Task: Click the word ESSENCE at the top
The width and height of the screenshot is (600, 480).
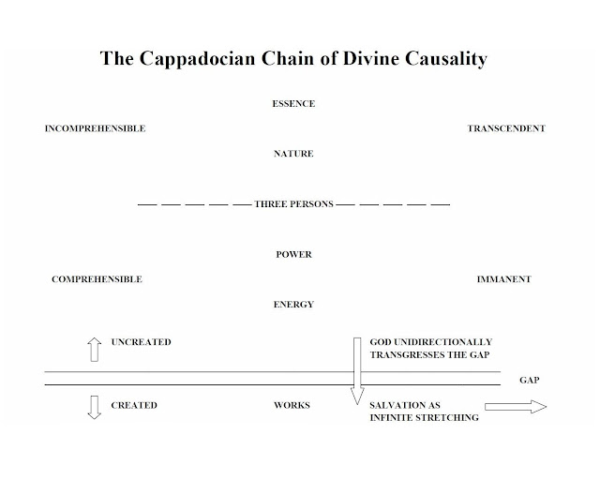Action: tap(294, 104)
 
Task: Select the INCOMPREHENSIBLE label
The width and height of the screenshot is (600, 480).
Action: tap(95, 128)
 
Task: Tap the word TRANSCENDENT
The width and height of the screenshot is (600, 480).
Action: tap(506, 128)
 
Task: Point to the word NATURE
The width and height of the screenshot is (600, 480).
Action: tap(294, 154)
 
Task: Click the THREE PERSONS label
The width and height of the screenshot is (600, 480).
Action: tap(294, 204)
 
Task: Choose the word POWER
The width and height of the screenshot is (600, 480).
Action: tap(294, 255)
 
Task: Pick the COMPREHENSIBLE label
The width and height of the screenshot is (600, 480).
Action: tap(97, 279)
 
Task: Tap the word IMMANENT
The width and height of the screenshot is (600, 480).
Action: tap(503, 279)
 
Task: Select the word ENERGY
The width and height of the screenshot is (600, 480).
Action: tap(294, 305)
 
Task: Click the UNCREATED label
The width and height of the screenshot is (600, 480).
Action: tap(141, 342)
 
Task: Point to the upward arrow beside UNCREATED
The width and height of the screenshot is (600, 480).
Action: tap(94, 349)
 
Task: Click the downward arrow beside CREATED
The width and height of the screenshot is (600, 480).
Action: tap(94, 408)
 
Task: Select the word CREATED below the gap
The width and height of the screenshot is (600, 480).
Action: tap(134, 406)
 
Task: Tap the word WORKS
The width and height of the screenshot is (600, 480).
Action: tap(292, 406)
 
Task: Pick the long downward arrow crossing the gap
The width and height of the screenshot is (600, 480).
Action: tap(356, 371)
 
